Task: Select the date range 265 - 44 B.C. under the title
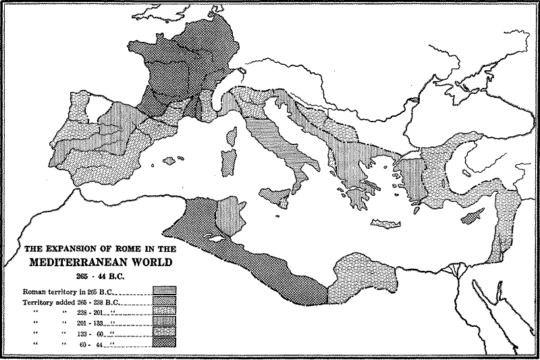point(97,276)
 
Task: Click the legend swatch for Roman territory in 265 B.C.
point(165,290)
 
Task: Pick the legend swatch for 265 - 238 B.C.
point(165,302)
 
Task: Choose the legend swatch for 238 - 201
point(165,313)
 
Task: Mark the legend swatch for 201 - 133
point(165,324)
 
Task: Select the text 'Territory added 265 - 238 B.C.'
point(74,302)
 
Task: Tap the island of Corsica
point(233,137)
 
